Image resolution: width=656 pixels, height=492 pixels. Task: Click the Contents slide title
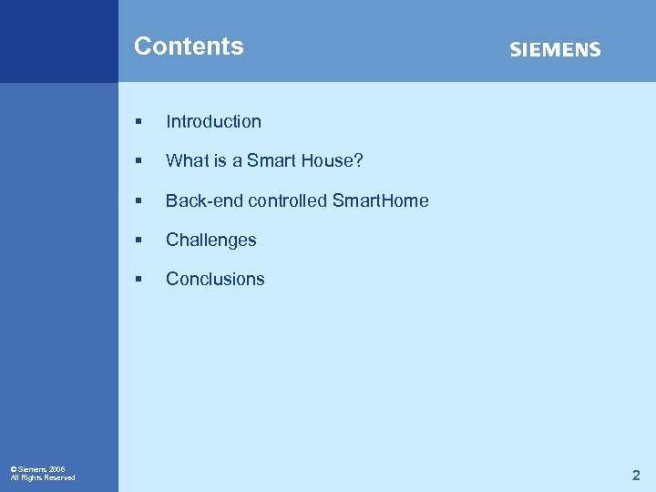(x=189, y=46)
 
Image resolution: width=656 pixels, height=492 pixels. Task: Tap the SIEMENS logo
(x=555, y=49)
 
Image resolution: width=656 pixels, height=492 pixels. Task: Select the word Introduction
(x=213, y=122)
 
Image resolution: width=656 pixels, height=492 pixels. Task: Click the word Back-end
(x=200, y=200)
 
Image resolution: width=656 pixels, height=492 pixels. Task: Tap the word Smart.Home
(x=380, y=200)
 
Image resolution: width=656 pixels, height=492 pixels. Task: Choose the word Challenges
(x=210, y=241)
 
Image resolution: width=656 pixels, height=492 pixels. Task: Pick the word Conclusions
(x=215, y=280)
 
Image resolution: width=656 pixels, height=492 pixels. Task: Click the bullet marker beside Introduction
(x=138, y=122)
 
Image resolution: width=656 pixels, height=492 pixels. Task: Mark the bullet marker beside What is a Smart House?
(x=138, y=161)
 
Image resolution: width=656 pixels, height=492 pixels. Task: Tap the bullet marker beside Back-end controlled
(x=138, y=200)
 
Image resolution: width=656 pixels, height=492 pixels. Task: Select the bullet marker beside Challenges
(x=138, y=241)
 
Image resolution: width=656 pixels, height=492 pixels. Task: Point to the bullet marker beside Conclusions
(x=138, y=280)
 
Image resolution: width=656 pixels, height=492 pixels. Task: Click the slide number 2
(x=636, y=475)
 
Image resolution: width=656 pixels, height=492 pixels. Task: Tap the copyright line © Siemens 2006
(x=37, y=468)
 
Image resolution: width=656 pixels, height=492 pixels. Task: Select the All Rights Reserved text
(x=43, y=477)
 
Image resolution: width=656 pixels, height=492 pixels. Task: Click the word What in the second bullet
(x=185, y=161)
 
